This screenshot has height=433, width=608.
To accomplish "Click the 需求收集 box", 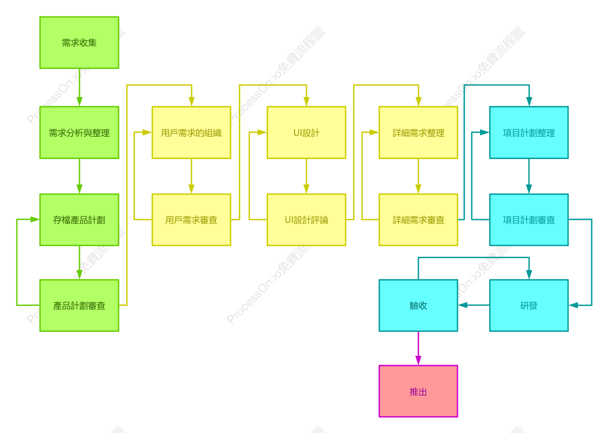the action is (x=79, y=43).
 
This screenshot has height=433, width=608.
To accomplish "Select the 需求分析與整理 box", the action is (x=79, y=132).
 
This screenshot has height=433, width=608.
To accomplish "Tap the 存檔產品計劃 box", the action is (x=79, y=220).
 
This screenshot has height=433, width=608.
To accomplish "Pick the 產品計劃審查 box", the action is (x=79, y=306).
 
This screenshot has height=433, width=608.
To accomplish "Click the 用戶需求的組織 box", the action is (x=191, y=132).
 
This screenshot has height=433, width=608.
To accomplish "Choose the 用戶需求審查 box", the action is (x=191, y=220).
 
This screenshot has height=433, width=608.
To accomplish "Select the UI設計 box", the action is (x=306, y=132).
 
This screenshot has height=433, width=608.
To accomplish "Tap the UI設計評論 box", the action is (x=306, y=220).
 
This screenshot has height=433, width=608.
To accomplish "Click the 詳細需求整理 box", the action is (x=418, y=132).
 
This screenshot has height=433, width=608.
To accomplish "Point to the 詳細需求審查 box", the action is (x=418, y=220).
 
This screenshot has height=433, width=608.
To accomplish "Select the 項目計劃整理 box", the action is (x=529, y=132).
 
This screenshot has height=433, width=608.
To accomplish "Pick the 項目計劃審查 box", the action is (x=529, y=220).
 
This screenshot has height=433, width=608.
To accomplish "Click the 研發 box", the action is (x=529, y=306).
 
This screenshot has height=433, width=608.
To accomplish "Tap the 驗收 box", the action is (x=418, y=306).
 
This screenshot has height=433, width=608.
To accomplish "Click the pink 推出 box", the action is (x=418, y=391).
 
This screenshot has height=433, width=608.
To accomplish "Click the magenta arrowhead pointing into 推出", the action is (x=418, y=361).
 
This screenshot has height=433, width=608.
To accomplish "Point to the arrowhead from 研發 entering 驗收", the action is (x=463, y=305).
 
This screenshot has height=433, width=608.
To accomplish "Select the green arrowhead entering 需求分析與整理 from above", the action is (x=79, y=102).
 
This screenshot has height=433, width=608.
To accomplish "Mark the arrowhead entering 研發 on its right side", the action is (x=573, y=305).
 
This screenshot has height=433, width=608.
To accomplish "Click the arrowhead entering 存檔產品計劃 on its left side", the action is (x=35, y=219).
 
